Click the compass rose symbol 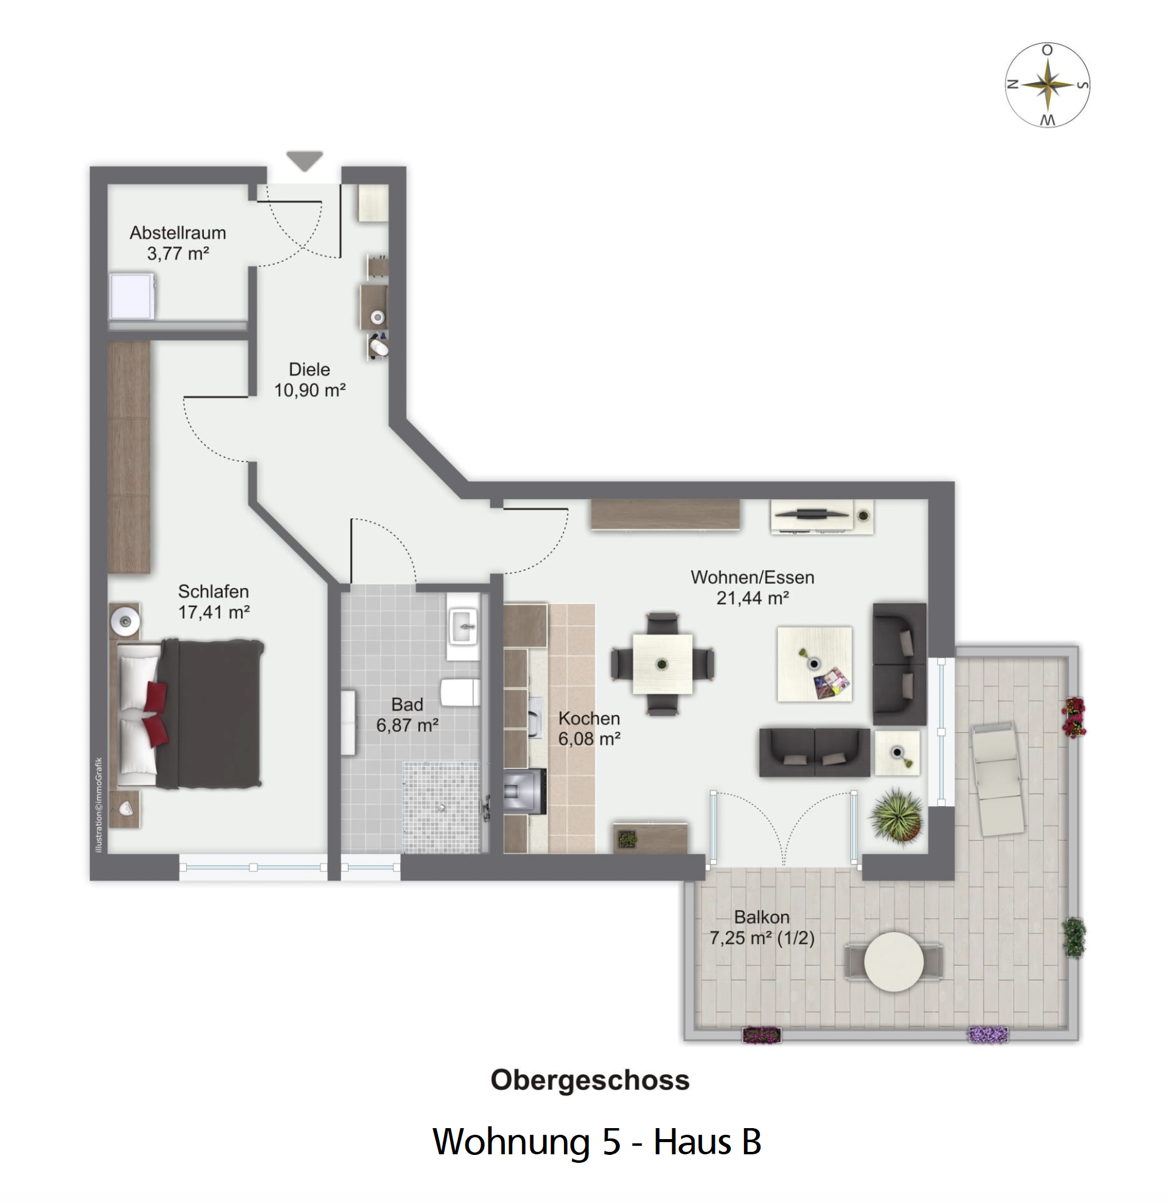click(x=1047, y=85)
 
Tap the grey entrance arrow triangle click(x=304, y=160)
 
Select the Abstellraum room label click(x=178, y=233)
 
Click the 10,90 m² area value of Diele click(x=310, y=390)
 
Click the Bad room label click(x=408, y=704)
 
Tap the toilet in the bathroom click(x=460, y=692)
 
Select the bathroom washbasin click(x=463, y=626)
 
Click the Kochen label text click(x=589, y=718)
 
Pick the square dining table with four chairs click(x=662, y=664)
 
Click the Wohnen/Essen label click(x=753, y=578)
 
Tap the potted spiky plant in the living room click(x=897, y=816)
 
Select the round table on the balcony click(x=894, y=962)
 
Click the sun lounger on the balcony click(x=997, y=778)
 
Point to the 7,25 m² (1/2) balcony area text click(x=762, y=938)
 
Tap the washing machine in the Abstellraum click(x=133, y=296)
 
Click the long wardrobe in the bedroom click(x=130, y=457)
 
